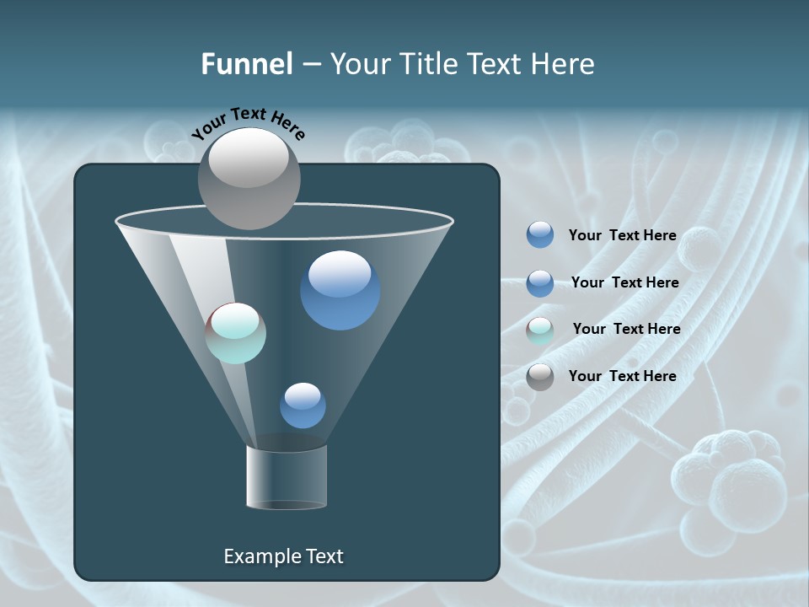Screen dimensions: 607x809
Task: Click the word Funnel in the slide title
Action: click(x=247, y=64)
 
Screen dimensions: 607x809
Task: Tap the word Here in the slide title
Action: click(x=564, y=64)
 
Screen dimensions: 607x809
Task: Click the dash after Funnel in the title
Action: click(x=311, y=65)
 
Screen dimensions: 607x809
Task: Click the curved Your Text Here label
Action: click(x=249, y=124)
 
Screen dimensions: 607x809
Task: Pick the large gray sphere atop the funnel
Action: click(x=249, y=179)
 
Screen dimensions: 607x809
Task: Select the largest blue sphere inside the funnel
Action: click(x=340, y=290)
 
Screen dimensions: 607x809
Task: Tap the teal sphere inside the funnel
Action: click(x=236, y=333)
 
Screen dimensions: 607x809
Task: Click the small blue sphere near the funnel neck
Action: click(x=303, y=406)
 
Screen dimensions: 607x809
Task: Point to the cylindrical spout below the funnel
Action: click(x=286, y=476)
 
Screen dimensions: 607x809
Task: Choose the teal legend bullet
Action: click(x=540, y=330)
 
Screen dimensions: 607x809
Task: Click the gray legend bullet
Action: click(x=540, y=377)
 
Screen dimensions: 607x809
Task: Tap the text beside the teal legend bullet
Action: click(x=627, y=329)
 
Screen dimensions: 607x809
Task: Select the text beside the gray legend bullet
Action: click(x=623, y=376)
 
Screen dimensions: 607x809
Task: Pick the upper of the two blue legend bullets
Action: click(x=540, y=235)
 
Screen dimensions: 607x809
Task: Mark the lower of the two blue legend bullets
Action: click(x=540, y=283)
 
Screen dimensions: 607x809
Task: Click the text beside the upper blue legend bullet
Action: click(x=623, y=235)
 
